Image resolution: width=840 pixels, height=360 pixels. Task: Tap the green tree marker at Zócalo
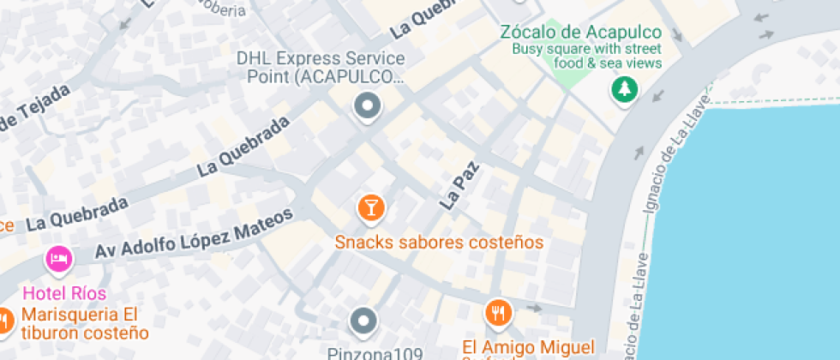click(624, 89)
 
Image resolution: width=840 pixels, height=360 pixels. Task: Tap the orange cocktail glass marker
click(370, 207)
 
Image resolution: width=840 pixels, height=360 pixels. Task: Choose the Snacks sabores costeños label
click(439, 243)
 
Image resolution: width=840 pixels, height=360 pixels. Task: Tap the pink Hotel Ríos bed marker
click(58, 259)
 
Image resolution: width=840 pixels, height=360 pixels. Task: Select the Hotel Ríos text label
click(64, 293)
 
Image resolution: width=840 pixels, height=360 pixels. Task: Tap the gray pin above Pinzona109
click(363, 322)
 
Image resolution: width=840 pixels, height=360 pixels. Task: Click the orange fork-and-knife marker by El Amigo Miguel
click(498, 313)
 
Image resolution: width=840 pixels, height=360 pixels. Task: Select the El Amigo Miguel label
click(528, 347)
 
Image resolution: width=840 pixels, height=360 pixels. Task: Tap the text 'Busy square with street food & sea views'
click(587, 56)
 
